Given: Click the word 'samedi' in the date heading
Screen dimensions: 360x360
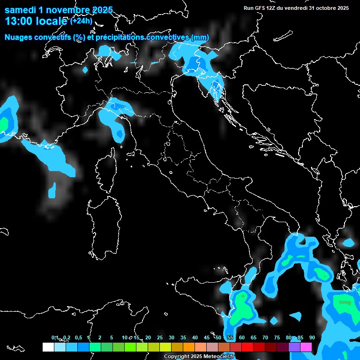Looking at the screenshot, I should click(20, 10).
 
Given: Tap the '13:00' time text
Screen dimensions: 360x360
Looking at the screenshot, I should click(18, 21).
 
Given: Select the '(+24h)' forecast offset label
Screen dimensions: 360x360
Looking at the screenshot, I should click(81, 21).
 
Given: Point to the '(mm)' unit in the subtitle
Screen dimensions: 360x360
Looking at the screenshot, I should click(200, 37).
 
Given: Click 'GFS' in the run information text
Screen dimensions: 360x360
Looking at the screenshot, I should click(261, 8).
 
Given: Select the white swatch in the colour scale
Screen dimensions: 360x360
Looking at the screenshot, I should click(48, 347).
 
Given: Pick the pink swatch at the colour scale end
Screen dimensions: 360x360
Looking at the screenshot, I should click(306, 347).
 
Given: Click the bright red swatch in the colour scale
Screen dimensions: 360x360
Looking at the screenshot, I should click(247, 347).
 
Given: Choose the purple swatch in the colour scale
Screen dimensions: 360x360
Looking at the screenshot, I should click(294, 347).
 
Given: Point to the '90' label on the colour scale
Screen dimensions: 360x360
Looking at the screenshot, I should click(312, 337).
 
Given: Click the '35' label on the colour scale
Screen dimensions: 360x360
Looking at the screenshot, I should click(183, 337).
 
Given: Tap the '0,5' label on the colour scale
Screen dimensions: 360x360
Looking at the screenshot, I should click(78, 337).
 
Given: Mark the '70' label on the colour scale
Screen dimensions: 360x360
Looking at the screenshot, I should click(265, 337).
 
